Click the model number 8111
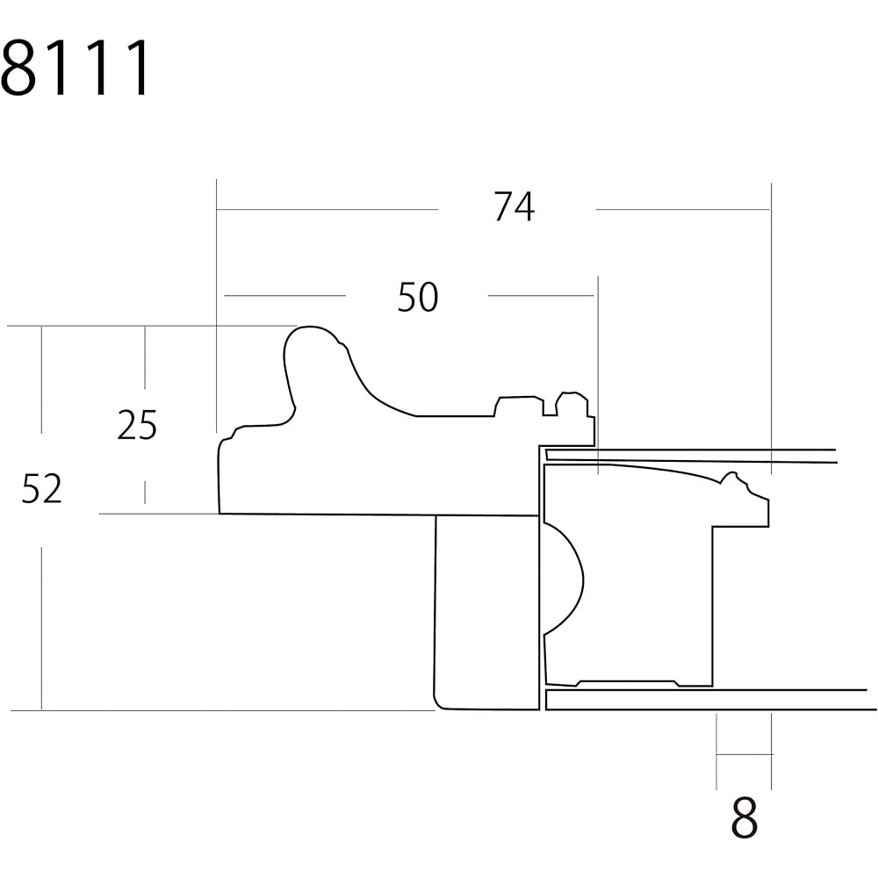[x=76, y=68]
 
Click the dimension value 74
[x=514, y=206]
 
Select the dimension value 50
[x=418, y=298]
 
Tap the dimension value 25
[x=137, y=425]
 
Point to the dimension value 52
[x=41, y=489]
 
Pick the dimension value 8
[x=745, y=817]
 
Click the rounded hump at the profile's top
[x=311, y=342]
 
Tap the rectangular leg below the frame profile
[x=486, y=613]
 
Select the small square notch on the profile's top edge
[x=550, y=407]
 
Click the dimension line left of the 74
[x=327, y=210]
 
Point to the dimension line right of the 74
[x=683, y=210]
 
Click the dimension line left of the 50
[x=284, y=295]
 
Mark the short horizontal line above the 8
[x=744, y=754]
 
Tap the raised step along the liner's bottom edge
[x=627, y=682]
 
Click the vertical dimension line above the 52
[x=41, y=379]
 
